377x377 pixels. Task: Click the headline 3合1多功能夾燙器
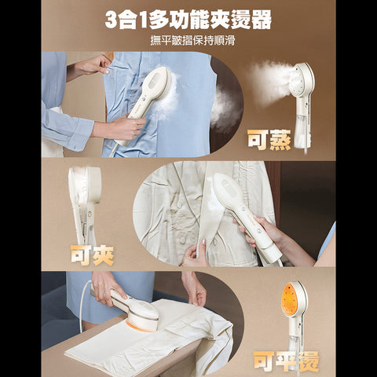[x=188, y=20]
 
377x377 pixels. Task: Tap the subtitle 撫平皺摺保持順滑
[x=188, y=41]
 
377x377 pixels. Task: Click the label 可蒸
[x=269, y=139]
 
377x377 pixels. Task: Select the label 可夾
[x=92, y=254]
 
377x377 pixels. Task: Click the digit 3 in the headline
[x=112, y=20]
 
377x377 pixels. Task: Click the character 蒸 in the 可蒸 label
[x=280, y=139]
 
